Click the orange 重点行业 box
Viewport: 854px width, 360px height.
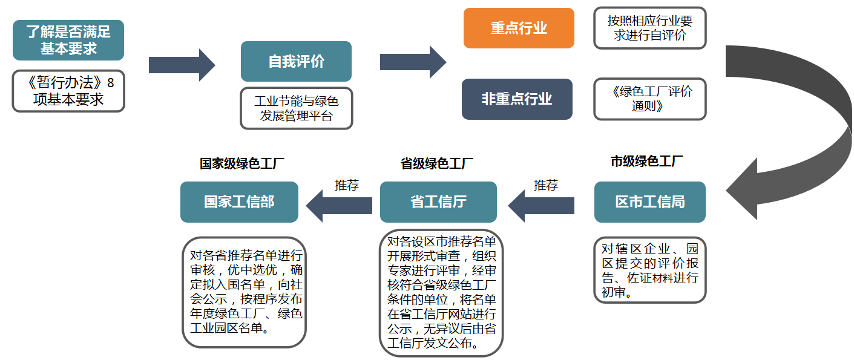(x=519, y=28)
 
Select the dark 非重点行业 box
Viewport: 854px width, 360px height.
(x=516, y=99)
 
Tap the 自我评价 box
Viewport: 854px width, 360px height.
(x=296, y=61)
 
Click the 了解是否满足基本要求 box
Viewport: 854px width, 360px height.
(x=68, y=40)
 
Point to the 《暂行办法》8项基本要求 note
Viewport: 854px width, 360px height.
(x=68, y=91)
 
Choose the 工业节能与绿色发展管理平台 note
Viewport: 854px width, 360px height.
(x=296, y=108)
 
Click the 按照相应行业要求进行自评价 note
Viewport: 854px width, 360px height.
(x=649, y=28)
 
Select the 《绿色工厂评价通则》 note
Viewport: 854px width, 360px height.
(x=649, y=99)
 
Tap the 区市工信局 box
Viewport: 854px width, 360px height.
(x=649, y=201)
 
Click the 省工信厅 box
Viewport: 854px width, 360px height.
(x=438, y=201)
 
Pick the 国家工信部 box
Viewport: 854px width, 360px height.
(x=239, y=201)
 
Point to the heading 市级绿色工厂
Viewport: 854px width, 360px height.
(x=647, y=162)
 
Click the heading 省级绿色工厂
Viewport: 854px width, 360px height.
(x=437, y=163)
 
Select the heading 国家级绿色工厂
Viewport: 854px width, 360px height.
(x=242, y=163)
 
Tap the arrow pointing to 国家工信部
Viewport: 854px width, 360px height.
(x=338, y=206)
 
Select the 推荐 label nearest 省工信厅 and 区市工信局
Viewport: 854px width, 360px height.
(x=545, y=185)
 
